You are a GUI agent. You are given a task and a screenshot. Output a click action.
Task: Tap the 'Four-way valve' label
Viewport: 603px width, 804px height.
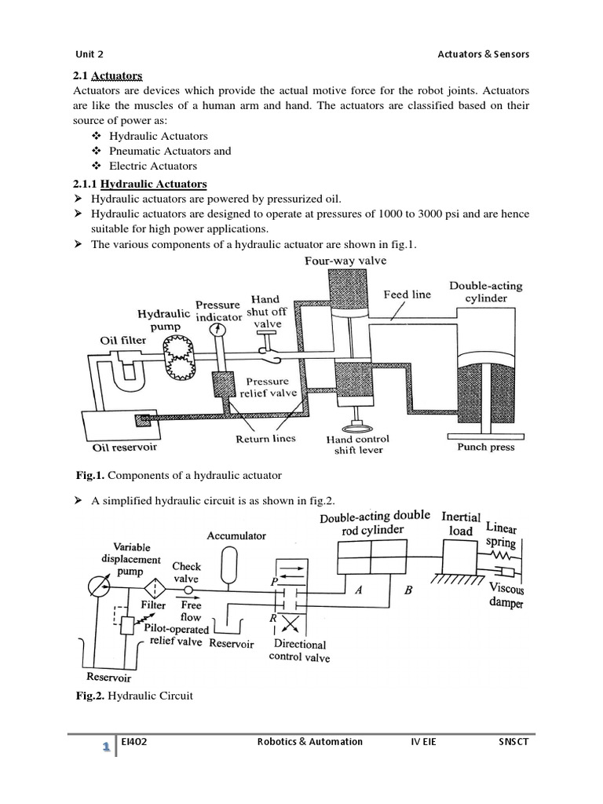click(x=345, y=261)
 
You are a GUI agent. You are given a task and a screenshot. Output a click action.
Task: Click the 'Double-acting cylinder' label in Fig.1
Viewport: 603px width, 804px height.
click(x=485, y=292)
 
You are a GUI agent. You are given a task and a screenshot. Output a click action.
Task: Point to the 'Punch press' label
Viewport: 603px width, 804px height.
click(x=486, y=447)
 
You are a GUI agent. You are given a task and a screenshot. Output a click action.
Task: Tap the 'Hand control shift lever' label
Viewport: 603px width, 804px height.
click(x=357, y=445)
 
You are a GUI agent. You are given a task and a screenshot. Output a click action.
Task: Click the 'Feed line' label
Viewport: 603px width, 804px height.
click(x=407, y=294)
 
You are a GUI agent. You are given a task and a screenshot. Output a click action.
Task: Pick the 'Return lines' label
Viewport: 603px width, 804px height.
click(x=265, y=439)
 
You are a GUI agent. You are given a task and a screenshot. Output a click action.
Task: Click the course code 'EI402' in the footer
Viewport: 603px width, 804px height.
click(x=137, y=741)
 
